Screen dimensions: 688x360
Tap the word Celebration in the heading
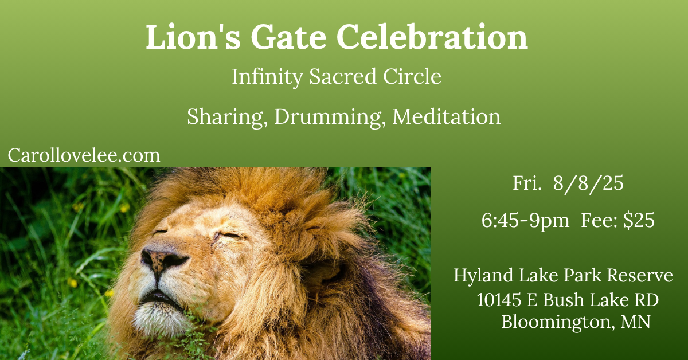(432, 37)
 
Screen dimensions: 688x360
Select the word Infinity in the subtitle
(267, 77)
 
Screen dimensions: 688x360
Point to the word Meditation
(447, 117)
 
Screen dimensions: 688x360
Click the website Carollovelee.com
(84, 155)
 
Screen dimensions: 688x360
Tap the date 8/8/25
(588, 183)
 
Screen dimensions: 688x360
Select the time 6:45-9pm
(525, 221)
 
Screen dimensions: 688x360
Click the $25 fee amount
(639, 220)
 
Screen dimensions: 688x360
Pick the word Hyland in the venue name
(483, 276)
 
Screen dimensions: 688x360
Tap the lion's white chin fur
(160, 319)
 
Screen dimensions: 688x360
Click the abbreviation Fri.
(527, 183)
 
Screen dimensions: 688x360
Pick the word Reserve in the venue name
(640, 276)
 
